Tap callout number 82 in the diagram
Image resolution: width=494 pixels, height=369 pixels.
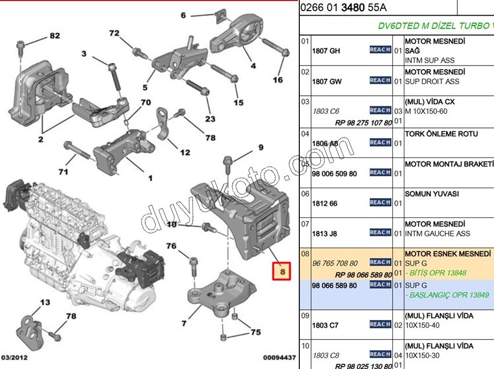pyautogui.click(x=54, y=36)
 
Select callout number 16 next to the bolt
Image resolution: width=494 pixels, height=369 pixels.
pyautogui.click(x=278, y=80)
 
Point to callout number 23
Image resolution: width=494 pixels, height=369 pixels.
pyautogui.click(x=209, y=119)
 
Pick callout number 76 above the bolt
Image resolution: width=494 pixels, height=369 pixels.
pyautogui.click(x=171, y=246)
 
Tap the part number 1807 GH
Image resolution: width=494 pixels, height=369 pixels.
pyautogui.click(x=327, y=51)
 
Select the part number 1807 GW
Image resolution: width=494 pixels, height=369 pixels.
pyautogui.click(x=327, y=81)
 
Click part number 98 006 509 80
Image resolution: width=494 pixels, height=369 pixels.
pyautogui.click(x=335, y=173)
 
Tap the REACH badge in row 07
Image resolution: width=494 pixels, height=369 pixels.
pyautogui.click(x=380, y=232)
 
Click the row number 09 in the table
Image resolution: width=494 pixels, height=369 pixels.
pyautogui.click(x=305, y=316)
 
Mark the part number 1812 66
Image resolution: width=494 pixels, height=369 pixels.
pyautogui.click(x=324, y=204)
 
